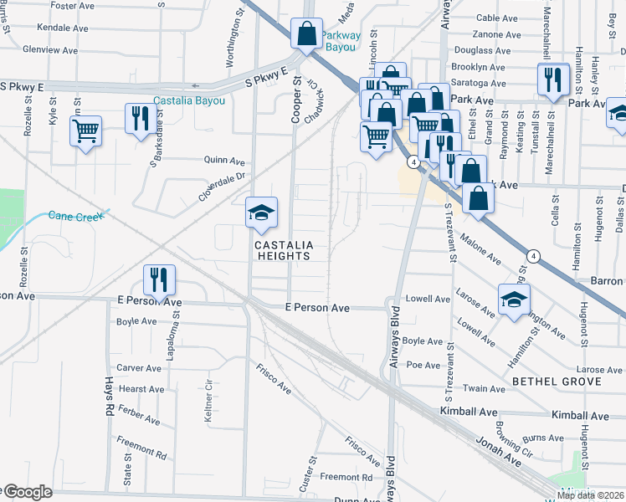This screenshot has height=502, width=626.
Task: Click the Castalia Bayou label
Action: (x=189, y=100)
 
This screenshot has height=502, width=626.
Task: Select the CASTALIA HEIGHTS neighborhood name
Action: (x=284, y=250)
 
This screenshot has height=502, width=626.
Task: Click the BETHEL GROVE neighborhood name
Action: (x=557, y=382)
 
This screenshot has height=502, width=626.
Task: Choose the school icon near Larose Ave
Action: (x=514, y=300)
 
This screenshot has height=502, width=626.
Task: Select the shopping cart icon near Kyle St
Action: (x=85, y=131)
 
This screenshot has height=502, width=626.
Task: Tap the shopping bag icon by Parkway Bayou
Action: (x=307, y=34)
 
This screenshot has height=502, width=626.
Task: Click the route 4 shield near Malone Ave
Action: (x=532, y=254)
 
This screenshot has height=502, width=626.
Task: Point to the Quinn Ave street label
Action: (x=224, y=161)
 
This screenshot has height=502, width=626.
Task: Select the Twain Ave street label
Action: (x=486, y=389)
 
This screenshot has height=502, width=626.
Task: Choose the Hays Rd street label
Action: (x=109, y=397)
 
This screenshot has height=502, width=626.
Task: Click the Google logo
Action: (x=27, y=492)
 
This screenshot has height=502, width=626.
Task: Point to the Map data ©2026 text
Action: (x=591, y=495)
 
